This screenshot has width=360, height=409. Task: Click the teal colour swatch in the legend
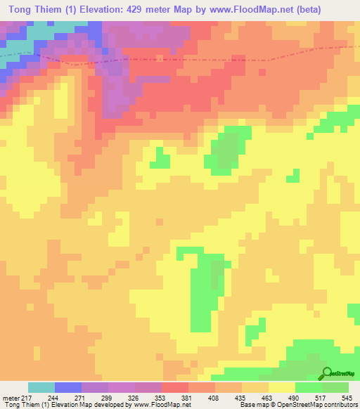click(41, 387)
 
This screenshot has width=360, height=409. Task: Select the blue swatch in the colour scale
click(68, 387)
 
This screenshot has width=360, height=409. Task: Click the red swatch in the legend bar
click(175, 387)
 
